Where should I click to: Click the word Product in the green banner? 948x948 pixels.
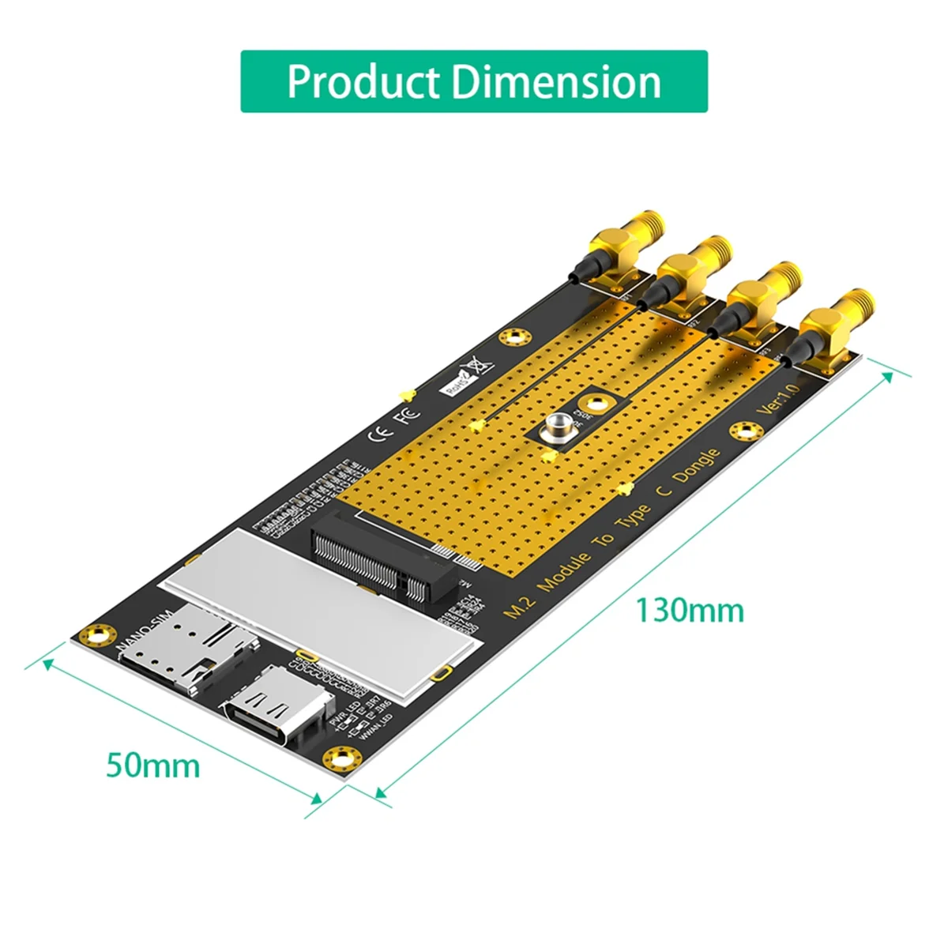pyautogui.click(x=363, y=82)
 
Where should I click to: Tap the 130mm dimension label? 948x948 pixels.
pyautogui.click(x=690, y=611)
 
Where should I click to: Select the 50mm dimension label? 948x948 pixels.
pyautogui.click(x=153, y=766)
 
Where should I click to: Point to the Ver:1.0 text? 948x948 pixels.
pyautogui.click(x=778, y=398)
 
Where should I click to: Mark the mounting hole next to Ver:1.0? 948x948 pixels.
pyautogui.click(x=743, y=431)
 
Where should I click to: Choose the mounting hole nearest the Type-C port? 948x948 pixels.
pyautogui.click(x=340, y=758)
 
